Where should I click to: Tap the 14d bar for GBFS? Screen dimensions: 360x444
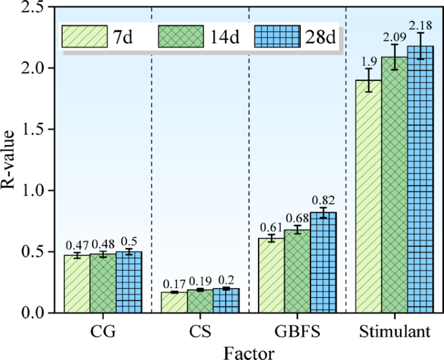(298, 271)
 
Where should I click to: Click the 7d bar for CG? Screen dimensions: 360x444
(77, 284)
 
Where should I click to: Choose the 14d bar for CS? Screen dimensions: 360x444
(200, 302)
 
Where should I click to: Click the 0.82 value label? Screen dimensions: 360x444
(323, 200)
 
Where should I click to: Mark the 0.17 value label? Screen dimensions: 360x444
(173, 284)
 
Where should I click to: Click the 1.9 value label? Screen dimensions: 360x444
(369, 60)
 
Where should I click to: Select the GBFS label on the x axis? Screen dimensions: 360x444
(298, 332)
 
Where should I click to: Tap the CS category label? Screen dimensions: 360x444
(200, 332)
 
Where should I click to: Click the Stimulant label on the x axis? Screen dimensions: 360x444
(395, 332)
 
